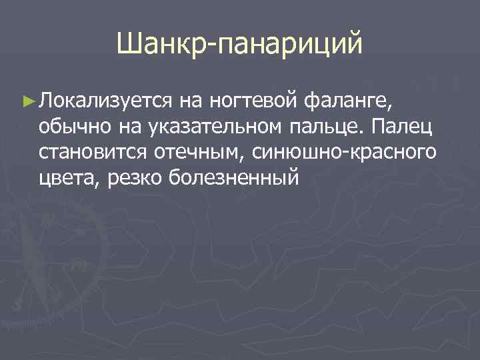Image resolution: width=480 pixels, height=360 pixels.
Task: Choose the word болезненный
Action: pyautogui.click(x=232, y=179)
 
